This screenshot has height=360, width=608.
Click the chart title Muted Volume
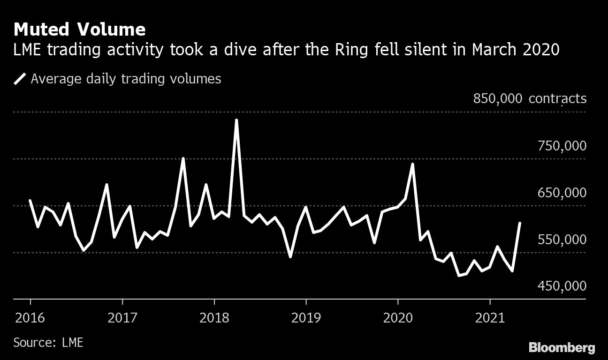coord(79,30)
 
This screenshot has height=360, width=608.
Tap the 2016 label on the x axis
coord(30,318)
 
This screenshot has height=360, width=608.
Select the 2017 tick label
coord(122,318)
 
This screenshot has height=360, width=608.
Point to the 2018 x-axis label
coord(214,318)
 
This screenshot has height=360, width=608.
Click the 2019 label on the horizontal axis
coord(306,318)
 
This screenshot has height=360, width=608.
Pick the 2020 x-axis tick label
coord(398,318)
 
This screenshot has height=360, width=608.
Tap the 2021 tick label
coord(490,318)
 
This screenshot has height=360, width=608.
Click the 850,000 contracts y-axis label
coord(530,99)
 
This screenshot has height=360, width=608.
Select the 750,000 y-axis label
coord(562,146)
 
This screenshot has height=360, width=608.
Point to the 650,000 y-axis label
coord(562,193)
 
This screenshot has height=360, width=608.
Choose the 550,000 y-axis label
coord(562,240)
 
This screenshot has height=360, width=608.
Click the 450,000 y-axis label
coord(562,286)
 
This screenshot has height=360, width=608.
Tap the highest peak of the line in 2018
coord(236,120)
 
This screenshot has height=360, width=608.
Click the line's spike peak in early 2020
coord(412,164)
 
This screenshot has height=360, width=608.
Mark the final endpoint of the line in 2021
coord(520,223)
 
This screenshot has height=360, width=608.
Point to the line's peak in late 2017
coord(183,158)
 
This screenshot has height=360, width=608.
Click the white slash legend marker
coord(20,79)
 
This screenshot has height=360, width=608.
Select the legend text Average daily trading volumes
coord(126,79)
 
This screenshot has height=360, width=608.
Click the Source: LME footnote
coord(48,342)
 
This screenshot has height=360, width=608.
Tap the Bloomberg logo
coord(562,347)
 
